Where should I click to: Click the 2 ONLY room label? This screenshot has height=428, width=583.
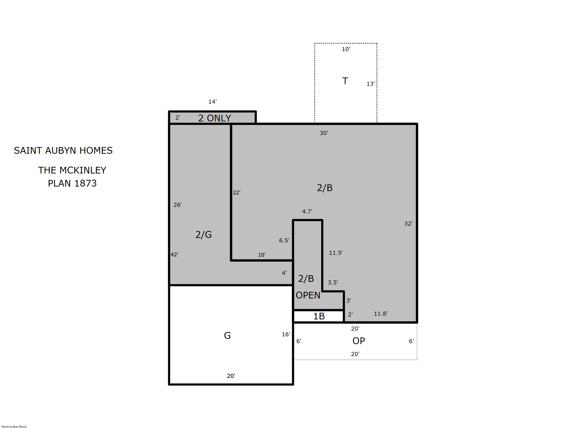click(x=215, y=118)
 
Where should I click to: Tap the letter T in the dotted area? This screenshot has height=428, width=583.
click(x=345, y=81)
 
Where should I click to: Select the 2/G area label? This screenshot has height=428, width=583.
click(x=204, y=235)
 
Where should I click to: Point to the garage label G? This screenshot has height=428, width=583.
click(x=227, y=336)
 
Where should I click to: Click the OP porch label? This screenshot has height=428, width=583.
click(x=359, y=341)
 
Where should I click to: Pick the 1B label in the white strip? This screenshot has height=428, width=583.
click(x=319, y=316)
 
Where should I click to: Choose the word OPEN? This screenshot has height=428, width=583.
click(x=308, y=295)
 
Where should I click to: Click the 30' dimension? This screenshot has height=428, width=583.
click(x=324, y=133)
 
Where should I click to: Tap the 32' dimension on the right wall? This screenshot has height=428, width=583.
click(x=408, y=223)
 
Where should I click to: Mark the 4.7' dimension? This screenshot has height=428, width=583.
click(x=307, y=212)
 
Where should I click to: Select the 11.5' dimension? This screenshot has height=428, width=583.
click(x=336, y=253)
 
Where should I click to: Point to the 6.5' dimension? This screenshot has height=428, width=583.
click(x=284, y=240)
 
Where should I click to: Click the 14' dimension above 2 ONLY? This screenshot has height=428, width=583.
click(x=212, y=101)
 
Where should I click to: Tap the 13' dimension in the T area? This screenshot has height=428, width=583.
click(x=370, y=84)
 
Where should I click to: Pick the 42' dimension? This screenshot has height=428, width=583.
click(x=174, y=255)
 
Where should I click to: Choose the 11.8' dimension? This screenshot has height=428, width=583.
click(x=381, y=313)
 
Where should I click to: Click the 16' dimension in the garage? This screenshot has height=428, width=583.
click(x=286, y=334)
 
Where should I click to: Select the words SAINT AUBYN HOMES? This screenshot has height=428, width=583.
click(x=63, y=150)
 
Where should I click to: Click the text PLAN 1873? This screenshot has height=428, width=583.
click(x=72, y=183)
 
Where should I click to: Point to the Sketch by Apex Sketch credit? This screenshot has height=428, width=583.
click(x=14, y=426)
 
